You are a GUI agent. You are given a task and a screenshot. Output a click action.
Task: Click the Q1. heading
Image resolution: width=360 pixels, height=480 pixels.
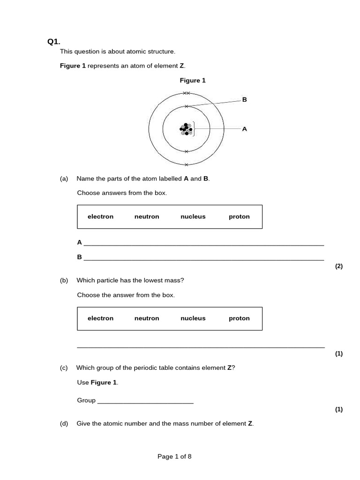coord(54,42)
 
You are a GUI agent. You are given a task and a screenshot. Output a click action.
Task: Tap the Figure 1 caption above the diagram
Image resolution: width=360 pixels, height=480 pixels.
coord(193,81)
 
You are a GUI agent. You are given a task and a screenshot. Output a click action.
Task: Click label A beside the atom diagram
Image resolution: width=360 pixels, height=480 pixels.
coord(244,129)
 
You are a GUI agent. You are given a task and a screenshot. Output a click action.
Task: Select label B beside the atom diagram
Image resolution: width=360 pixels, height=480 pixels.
coord(244,100)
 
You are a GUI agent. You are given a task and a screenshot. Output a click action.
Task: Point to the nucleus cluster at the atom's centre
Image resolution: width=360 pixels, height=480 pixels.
coord(186,129)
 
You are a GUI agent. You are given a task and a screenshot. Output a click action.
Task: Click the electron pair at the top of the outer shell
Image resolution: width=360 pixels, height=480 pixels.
coord(186,93)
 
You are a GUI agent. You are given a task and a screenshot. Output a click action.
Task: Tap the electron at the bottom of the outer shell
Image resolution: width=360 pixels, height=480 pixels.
coord(186,165)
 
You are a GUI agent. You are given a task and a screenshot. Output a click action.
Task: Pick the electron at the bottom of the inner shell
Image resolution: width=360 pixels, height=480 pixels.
coord(186,151)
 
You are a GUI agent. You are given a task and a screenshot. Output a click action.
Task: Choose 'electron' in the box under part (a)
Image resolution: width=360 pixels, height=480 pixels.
coord(100,217)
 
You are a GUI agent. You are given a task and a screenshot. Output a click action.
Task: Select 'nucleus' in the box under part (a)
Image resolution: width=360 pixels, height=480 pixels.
coord(193,217)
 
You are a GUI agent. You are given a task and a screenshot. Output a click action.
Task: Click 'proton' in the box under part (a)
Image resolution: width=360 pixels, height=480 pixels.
coord(239,217)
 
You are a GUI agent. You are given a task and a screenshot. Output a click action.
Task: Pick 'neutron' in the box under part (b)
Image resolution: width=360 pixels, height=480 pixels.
coord(147,318)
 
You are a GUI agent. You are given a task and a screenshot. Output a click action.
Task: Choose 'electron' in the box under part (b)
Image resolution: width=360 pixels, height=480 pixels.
coord(100,318)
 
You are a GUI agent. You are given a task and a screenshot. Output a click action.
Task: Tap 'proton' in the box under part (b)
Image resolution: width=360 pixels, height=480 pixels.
coord(239,318)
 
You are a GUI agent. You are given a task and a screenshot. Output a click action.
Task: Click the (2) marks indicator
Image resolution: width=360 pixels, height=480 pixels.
coord(339,266)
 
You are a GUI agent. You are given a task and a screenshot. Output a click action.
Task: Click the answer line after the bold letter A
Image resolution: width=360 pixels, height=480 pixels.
coord(203,245)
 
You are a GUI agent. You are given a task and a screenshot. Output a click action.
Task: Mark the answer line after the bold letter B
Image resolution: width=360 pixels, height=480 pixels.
coord(203,259)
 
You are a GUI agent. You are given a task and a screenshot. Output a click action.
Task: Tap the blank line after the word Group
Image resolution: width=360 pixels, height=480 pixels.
coord(145,403)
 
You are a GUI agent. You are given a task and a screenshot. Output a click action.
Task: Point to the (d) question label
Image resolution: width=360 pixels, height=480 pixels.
coord(64,424)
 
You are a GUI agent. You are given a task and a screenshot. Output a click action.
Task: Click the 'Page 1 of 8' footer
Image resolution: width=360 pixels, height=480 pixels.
coord(174,457)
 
